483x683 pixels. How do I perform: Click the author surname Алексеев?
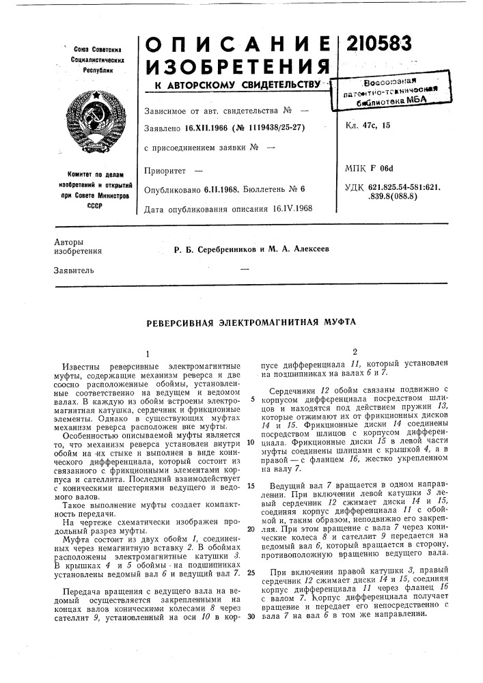(308, 249)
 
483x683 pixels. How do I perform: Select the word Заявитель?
(73, 270)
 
